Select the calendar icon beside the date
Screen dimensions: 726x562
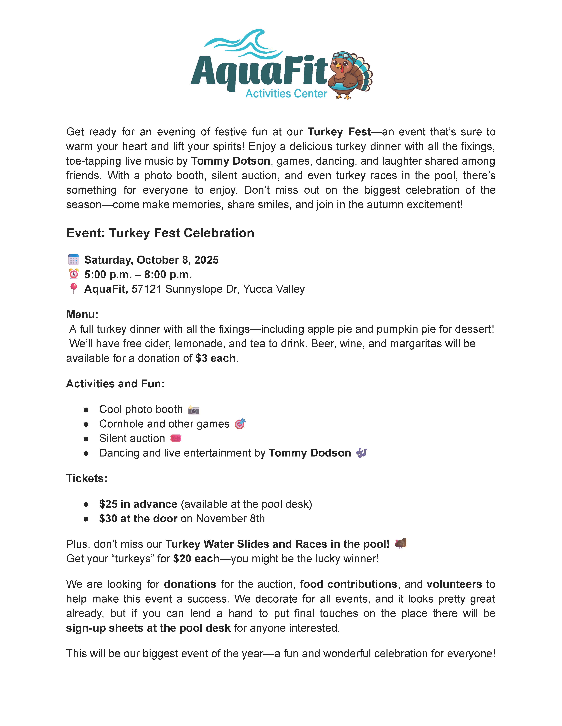click(73, 260)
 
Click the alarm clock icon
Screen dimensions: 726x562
click(73, 274)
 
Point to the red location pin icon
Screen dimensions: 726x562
click(73, 289)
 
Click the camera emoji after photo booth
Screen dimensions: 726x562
click(193, 410)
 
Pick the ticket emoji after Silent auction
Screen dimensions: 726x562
click(176, 438)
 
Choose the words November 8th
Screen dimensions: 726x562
click(230, 519)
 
